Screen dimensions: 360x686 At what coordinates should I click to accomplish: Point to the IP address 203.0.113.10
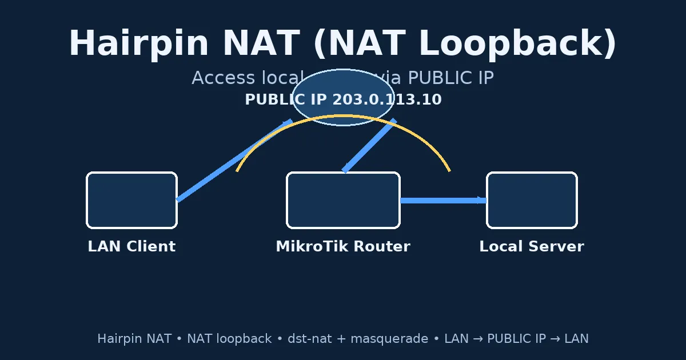tap(387, 99)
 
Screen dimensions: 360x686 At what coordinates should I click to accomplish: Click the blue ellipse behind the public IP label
tap(343, 114)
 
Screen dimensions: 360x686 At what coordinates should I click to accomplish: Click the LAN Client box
tap(131, 200)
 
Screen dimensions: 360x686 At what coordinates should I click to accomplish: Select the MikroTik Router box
tap(343, 200)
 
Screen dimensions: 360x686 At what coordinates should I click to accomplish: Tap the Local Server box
tap(532, 200)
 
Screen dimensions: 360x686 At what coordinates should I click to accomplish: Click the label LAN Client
tap(131, 246)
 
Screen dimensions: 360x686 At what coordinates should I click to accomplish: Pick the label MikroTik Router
tap(343, 246)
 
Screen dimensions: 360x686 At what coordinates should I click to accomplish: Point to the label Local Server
tap(532, 246)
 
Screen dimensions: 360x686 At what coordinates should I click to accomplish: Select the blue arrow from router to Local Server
tap(443, 201)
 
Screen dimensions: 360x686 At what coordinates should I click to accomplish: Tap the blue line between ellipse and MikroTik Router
tap(369, 146)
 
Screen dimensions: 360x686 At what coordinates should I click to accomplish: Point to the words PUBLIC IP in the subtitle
tap(451, 78)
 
